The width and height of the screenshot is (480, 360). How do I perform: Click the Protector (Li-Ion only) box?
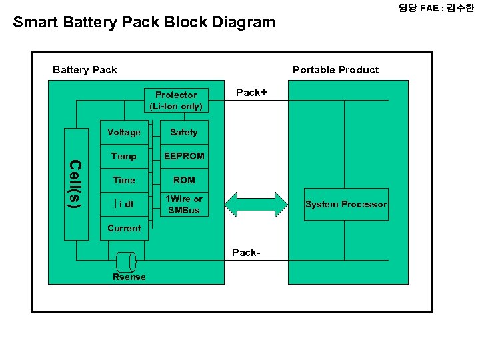pos(176,100)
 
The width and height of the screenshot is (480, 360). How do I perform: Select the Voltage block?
pos(124,132)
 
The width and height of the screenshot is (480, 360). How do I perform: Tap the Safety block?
pos(184,132)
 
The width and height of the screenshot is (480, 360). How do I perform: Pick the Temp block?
pos(124,156)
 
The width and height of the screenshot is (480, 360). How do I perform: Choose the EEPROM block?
pos(184,156)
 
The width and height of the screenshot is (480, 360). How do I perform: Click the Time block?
pos(124,180)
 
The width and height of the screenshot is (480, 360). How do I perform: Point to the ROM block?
pos(184,180)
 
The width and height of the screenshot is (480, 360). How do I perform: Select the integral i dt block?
pos(124,204)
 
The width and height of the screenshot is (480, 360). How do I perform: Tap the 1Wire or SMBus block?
pos(184,205)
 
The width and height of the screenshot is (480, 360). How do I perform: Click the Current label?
pos(124,228)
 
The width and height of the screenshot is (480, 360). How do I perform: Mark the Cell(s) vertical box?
pos(76,183)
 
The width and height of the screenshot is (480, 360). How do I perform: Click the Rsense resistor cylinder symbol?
pos(125,261)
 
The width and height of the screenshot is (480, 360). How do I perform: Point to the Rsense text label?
pos(129,277)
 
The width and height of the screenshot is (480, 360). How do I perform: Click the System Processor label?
pos(345,204)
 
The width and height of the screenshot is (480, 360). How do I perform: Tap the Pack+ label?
pos(251,93)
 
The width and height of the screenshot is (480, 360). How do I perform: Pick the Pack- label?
pos(246,252)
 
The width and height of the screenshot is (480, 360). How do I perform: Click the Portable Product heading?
pos(335,70)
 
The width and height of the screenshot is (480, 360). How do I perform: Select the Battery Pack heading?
pos(85,70)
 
